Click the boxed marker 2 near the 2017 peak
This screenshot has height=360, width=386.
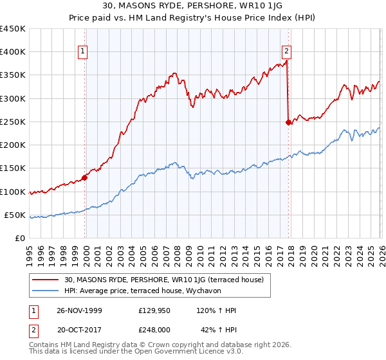286,53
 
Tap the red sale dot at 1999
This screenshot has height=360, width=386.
85,178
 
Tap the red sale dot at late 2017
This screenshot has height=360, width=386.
288,123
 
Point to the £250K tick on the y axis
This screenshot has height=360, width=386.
13,122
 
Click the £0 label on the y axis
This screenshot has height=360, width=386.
19,238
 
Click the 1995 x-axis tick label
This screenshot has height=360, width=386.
30,252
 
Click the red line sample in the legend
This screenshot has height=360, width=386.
46,280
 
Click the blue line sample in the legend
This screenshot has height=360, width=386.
46,291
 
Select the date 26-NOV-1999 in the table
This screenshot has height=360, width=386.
78,310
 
